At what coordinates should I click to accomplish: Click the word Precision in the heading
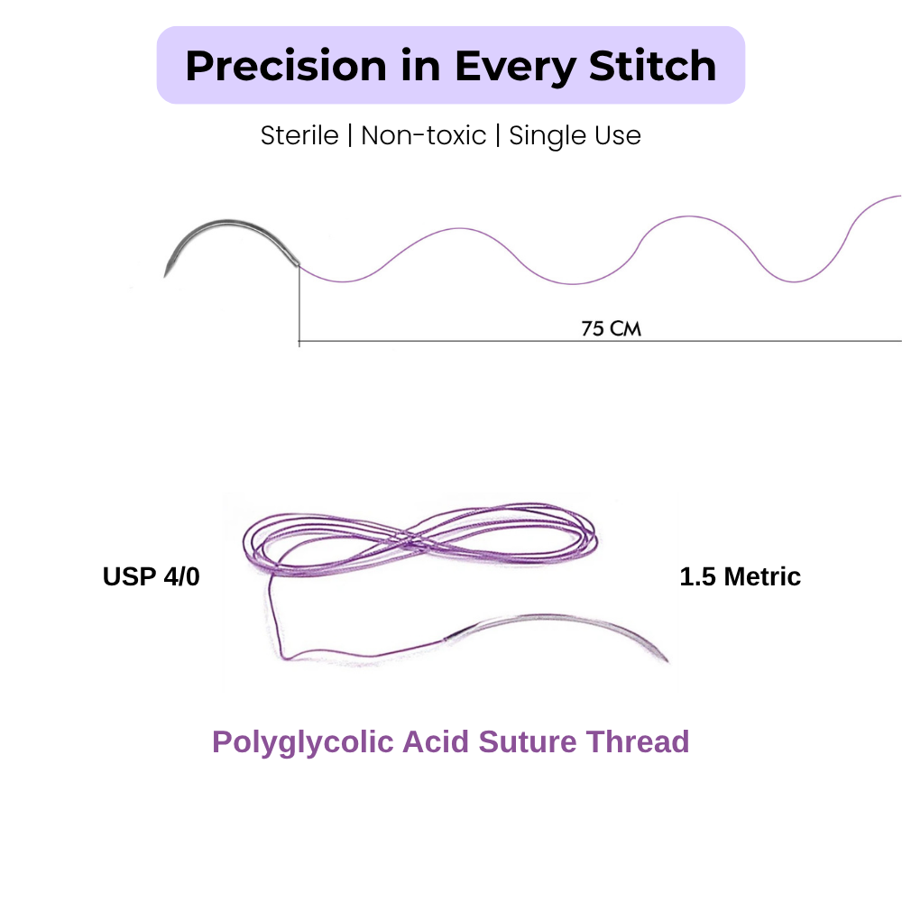[x=286, y=66]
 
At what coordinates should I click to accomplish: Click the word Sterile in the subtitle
[x=299, y=136]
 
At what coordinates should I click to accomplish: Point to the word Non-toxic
[x=423, y=136]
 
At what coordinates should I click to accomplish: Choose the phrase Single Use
[x=575, y=136]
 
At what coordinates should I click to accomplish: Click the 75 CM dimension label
[x=611, y=328]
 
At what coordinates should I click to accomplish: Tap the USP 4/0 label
[x=152, y=576]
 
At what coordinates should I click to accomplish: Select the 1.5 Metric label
[x=740, y=576]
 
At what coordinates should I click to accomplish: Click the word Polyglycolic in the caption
[x=302, y=742]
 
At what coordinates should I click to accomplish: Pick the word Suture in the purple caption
[x=528, y=741]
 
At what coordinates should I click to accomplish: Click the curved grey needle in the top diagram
[x=227, y=222]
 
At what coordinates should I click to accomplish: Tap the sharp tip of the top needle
[x=165, y=277]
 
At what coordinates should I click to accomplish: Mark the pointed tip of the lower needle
[x=667, y=661]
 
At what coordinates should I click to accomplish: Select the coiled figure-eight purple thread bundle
[x=420, y=539]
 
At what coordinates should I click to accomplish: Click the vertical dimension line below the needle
[x=299, y=306]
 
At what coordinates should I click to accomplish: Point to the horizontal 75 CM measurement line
[x=600, y=341]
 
